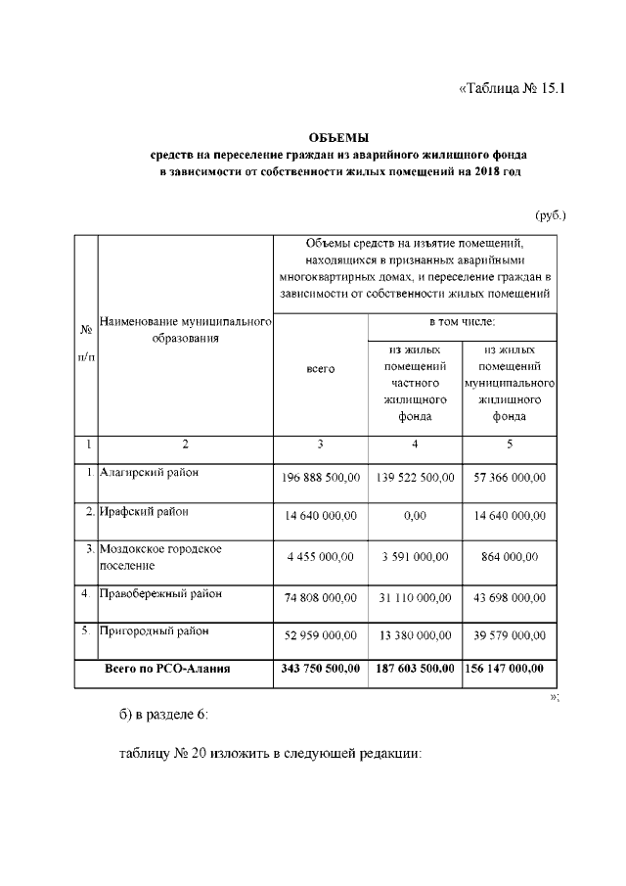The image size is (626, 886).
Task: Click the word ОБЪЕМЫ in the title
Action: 338,137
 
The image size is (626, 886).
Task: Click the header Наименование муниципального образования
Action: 185,329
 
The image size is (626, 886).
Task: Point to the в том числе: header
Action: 463,320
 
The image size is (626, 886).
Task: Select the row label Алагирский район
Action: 149,472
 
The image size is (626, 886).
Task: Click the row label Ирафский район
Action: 143,511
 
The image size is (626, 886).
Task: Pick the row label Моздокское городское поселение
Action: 160,557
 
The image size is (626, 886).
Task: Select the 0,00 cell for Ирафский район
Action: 415,516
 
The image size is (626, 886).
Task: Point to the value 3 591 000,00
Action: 415,556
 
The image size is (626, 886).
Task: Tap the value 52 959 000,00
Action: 320,635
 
